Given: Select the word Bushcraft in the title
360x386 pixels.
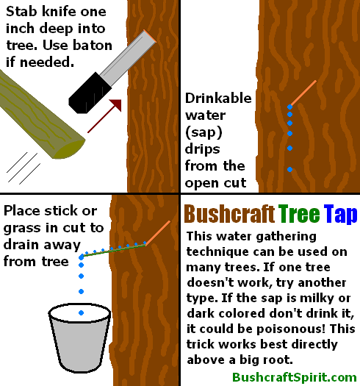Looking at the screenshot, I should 228,214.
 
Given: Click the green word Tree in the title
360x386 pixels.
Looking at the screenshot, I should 299,214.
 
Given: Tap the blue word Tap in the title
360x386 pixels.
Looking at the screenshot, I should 339,214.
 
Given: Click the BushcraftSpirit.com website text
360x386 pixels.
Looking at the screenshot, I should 294,376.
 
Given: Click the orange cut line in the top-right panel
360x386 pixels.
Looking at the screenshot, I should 303,93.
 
